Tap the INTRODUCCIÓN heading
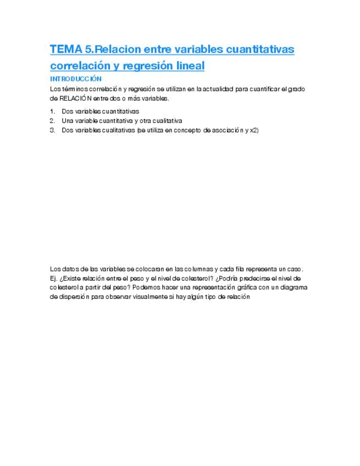coord(76,79)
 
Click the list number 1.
coord(52,112)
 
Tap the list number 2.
coord(52,121)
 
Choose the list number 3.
coord(52,130)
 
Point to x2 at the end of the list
coord(254,130)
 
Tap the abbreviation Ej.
coord(53,278)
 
